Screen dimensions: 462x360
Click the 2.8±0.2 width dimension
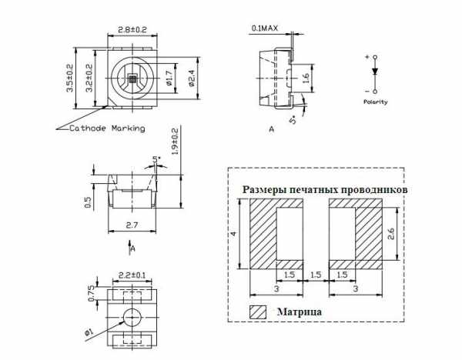[132, 30]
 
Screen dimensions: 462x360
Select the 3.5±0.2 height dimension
[70, 78]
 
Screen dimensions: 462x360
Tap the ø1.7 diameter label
[169, 78]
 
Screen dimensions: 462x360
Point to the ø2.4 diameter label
[192, 78]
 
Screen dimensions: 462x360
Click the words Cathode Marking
[107, 128]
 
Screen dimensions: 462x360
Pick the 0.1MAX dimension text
[265, 28]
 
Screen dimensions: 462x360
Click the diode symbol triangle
[375, 72]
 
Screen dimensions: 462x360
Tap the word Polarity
[376, 102]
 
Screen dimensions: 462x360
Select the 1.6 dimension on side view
[306, 78]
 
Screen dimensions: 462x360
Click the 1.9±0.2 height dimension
[175, 142]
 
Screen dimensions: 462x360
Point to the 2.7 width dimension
[132, 225]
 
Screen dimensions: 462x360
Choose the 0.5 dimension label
[88, 202]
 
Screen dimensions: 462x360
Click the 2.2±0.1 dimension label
[132, 275]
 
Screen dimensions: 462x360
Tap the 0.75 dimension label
[92, 293]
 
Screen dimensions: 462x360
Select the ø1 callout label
[89, 332]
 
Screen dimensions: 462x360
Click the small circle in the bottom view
[132, 318]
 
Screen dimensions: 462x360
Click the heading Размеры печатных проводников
[325, 190]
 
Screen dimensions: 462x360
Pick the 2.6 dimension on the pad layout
[391, 234]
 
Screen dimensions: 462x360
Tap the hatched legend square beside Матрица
[258, 312]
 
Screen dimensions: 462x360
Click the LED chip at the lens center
[132, 78]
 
